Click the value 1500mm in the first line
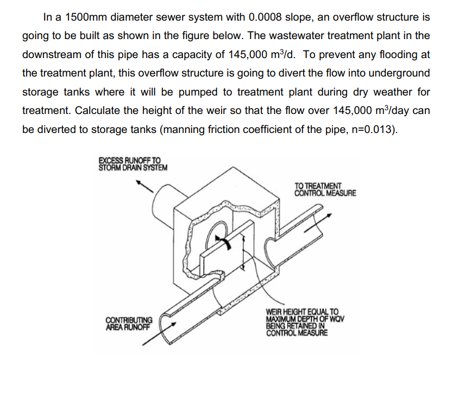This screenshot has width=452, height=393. (83, 17)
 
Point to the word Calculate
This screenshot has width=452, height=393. (96, 111)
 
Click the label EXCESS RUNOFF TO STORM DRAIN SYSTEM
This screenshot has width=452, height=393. (133, 163)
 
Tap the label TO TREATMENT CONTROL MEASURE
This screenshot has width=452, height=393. (325, 188)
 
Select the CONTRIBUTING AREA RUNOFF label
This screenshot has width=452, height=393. (129, 323)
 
